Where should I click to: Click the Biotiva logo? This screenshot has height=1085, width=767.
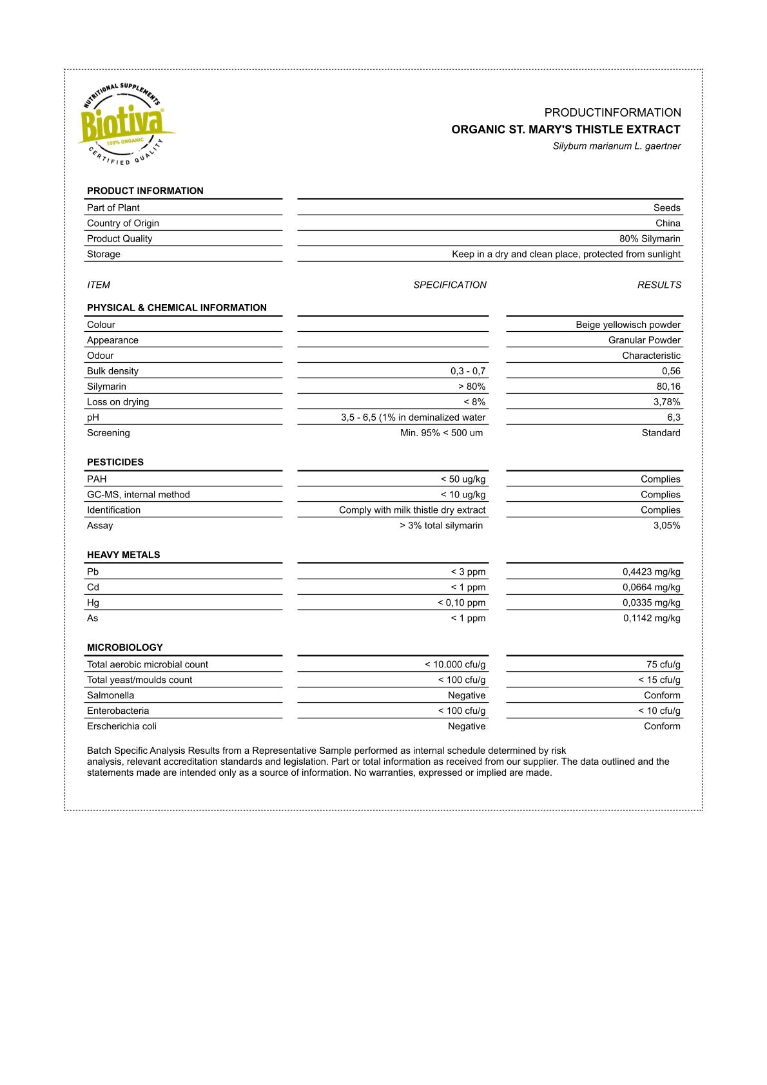pyautogui.click(x=124, y=124)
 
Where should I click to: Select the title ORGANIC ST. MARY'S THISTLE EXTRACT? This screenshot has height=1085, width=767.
pyautogui.click(x=565, y=130)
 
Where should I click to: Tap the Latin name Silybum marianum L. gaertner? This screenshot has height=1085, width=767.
pyautogui.click(x=616, y=146)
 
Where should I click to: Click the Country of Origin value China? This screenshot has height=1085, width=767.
pyautogui.click(x=668, y=223)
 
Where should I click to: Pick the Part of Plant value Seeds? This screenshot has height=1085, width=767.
pyautogui.click(x=666, y=207)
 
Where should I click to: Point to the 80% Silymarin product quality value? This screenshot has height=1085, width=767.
pyautogui.click(x=650, y=238)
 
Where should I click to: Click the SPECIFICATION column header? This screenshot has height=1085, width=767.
pyautogui.click(x=450, y=285)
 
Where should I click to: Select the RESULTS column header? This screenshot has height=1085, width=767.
pyautogui.click(x=659, y=285)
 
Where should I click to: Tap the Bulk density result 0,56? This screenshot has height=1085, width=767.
pyautogui.click(x=671, y=371)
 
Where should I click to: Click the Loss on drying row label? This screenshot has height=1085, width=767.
pyautogui.click(x=118, y=402)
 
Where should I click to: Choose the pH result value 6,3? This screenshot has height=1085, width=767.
pyautogui.click(x=674, y=418)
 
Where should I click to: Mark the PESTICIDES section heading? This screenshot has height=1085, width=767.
pyautogui.click(x=115, y=462)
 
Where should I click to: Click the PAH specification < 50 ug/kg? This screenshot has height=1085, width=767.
pyautogui.click(x=463, y=479)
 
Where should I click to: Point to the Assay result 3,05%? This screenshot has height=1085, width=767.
pyautogui.click(x=666, y=526)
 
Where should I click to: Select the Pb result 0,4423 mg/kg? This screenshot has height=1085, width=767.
pyautogui.click(x=651, y=572)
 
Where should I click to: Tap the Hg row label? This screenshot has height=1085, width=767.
pyautogui.click(x=93, y=603)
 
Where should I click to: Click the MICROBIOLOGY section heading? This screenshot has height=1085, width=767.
pyautogui.click(x=125, y=648)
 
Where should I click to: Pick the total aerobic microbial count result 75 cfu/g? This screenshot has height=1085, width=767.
pyautogui.click(x=663, y=665)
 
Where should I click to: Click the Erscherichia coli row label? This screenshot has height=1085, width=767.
pyautogui.click(x=122, y=727)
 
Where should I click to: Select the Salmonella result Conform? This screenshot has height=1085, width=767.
pyautogui.click(x=662, y=696)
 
